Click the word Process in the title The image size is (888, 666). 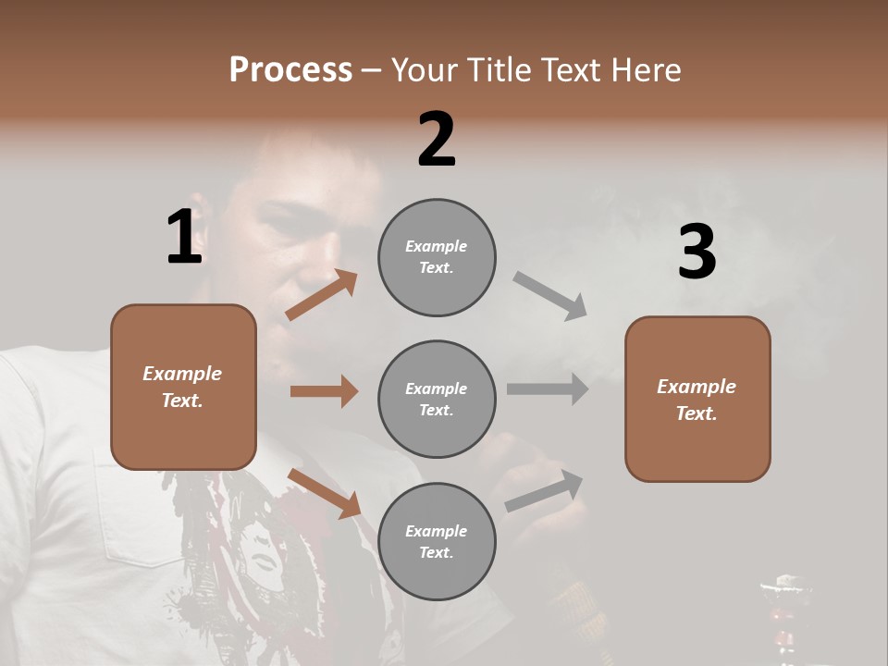(x=290, y=70)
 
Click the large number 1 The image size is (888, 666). (x=184, y=238)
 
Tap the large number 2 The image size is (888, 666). (x=437, y=140)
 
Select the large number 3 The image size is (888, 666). (x=697, y=253)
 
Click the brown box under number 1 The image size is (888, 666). (x=183, y=387)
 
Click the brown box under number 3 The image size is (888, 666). (x=697, y=399)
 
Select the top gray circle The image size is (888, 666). (x=437, y=257)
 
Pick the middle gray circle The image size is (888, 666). (x=437, y=399)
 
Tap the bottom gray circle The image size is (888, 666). (x=437, y=541)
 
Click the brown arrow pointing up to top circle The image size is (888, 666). (x=322, y=295)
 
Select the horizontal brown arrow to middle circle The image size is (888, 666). (x=324, y=391)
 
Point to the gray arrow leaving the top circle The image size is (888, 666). (x=550, y=295)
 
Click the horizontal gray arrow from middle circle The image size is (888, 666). (x=548, y=389)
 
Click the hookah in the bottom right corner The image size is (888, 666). (x=783, y=615)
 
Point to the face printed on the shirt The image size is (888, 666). (x=268, y=555)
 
